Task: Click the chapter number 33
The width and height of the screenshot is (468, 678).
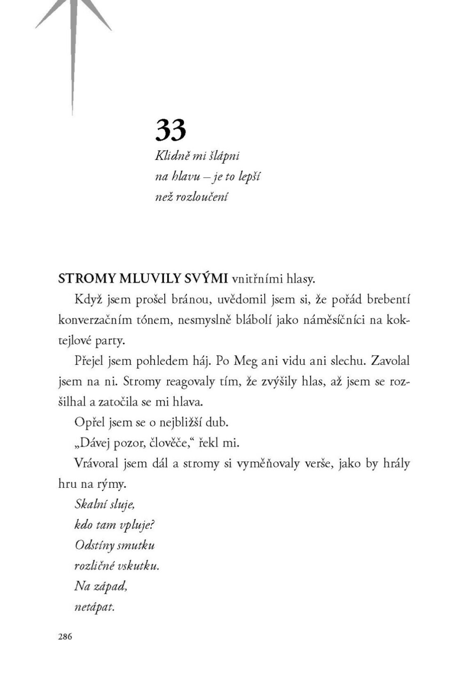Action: click(x=170, y=130)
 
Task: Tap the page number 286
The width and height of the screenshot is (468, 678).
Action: click(x=65, y=637)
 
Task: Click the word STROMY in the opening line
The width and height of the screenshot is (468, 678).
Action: click(x=87, y=279)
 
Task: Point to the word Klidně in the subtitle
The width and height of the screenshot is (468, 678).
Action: click(x=172, y=156)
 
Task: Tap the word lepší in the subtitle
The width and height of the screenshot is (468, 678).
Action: click(x=250, y=177)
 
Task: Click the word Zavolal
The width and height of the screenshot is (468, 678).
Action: click(x=390, y=361)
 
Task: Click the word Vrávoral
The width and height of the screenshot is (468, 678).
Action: click(x=97, y=463)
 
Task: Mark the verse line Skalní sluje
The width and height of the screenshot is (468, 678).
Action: click(x=105, y=504)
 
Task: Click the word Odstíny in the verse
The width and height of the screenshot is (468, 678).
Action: click(x=95, y=545)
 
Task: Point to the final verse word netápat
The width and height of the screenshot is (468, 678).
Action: click(x=95, y=607)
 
